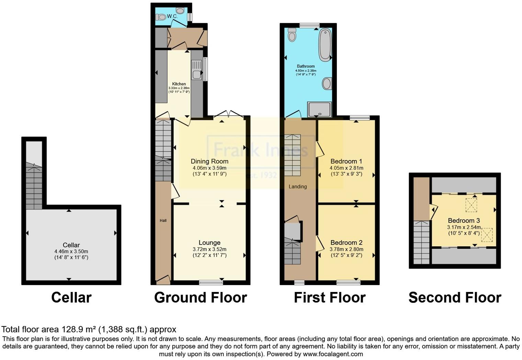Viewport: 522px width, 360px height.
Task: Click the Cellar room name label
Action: pyautogui.click(x=71, y=245)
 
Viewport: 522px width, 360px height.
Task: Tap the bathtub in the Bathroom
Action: pyautogui.click(x=325, y=45)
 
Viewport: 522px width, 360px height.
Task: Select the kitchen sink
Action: pyautogui.click(x=197, y=70)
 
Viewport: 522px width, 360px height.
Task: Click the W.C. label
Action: pyautogui.click(x=172, y=16)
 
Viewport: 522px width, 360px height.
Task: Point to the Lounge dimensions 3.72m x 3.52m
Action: pyautogui.click(x=209, y=249)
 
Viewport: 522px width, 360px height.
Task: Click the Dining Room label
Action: pyautogui.click(x=209, y=161)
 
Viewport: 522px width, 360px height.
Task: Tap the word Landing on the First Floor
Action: pyautogui.click(x=297, y=187)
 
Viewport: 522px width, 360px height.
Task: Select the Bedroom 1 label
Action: pyautogui.click(x=346, y=161)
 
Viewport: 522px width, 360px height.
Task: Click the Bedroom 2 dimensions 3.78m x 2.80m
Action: pyautogui.click(x=346, y=249)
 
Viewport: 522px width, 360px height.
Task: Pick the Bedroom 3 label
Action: pyautogui.click(x=464, y=221)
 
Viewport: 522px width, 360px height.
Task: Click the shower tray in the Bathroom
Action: pyautogui.click(x=320, y=109)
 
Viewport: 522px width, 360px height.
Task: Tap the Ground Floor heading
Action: pyautogui.click(x=200, y=297)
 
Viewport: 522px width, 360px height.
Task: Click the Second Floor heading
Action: pyautogui.click(x=455, y=297)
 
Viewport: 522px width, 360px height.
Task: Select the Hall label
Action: pyautogui.click(x=163, y=221)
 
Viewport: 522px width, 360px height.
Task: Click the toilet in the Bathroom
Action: pyautogui.click(x=292, y=35)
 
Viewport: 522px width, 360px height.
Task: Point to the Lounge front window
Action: pyautogui.click(x=211, y=283)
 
